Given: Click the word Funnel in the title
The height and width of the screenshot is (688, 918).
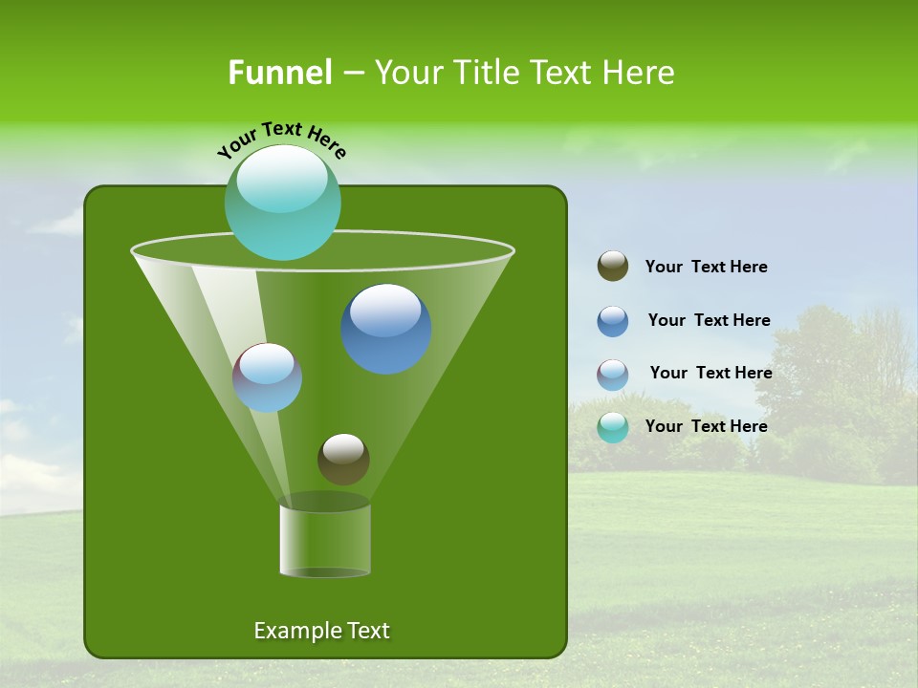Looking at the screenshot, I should [x=279, y=73].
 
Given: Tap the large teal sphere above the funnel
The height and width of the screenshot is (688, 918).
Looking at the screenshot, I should [x=282, y=203].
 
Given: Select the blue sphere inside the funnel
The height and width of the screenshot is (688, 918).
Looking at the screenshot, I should [x=386, y=329].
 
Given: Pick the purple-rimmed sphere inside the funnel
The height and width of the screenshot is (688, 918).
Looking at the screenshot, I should [x=268, y=377].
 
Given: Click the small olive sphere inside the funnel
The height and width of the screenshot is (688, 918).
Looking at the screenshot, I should [x=343, y=459].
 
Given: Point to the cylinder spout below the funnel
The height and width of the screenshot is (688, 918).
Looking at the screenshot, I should [x=325, y=540].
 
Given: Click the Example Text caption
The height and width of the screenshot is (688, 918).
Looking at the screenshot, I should [x=321, y=631].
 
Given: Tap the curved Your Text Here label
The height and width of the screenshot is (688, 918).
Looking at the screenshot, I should [x=282, y=140].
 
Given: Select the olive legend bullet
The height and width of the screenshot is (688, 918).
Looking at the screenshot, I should [x=613, y=267].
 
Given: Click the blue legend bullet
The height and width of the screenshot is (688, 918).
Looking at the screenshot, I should [x=613, y=321].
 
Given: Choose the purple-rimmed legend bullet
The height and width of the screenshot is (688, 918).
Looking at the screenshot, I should [x=613, y=375].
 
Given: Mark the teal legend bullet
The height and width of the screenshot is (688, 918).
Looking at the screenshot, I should [x=613, y=427].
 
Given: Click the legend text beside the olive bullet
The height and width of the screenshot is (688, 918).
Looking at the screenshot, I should [x=706, y=268].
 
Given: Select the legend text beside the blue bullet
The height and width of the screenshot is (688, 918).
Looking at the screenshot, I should [x=709, y=320].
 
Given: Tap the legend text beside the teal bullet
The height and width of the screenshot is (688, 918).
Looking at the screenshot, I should [x=706, y=426].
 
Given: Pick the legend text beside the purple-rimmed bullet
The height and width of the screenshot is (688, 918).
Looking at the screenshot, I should [x=710, y=373].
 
